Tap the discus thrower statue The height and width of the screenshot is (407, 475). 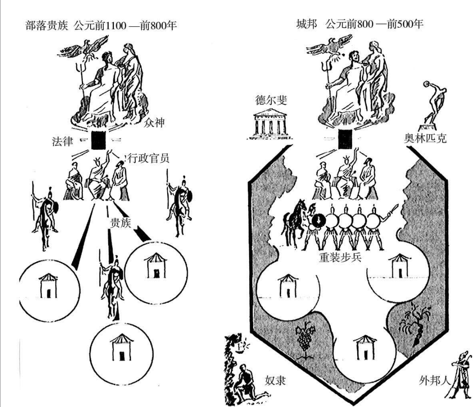coord(433,103)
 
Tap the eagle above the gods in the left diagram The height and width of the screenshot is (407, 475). coord(93,45)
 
